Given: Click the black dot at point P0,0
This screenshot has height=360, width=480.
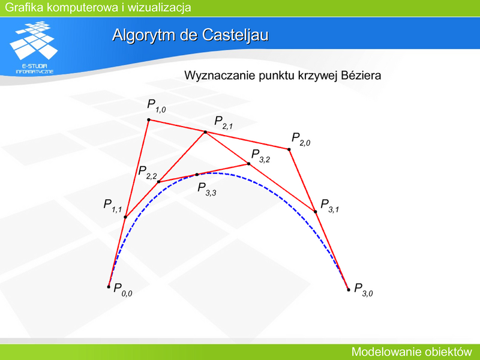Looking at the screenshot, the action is click(x=109, y=287).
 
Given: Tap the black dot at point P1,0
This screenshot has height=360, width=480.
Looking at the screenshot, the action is click(x=149, y=119).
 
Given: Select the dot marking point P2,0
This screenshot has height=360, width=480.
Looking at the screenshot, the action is click(x=289, y=149).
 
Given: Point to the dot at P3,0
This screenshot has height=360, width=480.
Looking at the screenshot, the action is click(x=349, y=290).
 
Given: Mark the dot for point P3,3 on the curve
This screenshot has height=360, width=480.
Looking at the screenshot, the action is click(x=197, y=175).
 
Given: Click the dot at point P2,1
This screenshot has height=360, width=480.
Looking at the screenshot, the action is click(x=205, y=132).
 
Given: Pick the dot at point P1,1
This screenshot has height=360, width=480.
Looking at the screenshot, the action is click(x=125, y=217).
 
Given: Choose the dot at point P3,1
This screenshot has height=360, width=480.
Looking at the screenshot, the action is click(x=316, y=212).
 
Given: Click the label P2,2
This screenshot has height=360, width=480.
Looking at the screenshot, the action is click(x=148, y=172).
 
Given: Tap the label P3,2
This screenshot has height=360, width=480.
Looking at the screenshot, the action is click(x=260, y=155).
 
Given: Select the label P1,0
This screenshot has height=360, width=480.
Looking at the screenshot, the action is click(x=157, y=106).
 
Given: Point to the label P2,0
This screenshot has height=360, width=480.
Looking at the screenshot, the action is click(x=301, y=139).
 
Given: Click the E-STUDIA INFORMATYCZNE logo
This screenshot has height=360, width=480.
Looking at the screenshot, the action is click(x=34, y=47).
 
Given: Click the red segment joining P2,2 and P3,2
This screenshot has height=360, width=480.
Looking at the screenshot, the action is click(x=203, y=173).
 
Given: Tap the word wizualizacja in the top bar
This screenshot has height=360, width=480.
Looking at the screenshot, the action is click(x=159, y=7).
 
